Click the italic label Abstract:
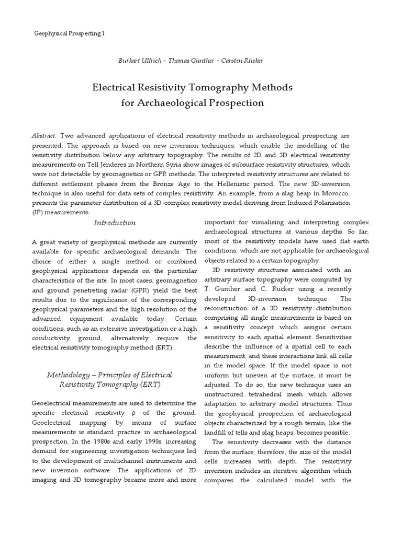(x=44, y=135)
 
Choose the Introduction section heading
(x=114, y=223)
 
